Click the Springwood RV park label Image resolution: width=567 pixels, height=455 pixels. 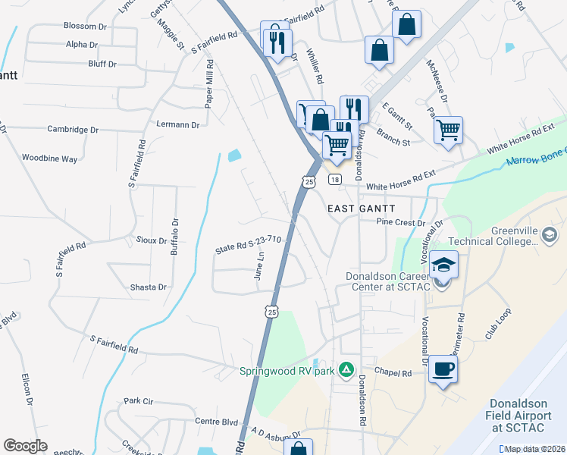tap(288, 371)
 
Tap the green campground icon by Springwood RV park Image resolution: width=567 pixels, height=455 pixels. tap(346, 369)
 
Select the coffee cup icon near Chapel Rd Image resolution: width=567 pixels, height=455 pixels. tap(443, 370)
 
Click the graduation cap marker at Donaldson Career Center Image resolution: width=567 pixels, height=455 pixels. tap(443, 265)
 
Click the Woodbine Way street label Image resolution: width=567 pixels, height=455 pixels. tap(50, 158)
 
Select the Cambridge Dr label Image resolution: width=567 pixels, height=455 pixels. tap(73, 130)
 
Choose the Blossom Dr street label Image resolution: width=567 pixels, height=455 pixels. tap(90, 26)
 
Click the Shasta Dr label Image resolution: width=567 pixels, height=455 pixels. tap(149, 287)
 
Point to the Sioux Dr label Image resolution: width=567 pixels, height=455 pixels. tap(152, 240)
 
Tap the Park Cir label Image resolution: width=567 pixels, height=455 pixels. tap(138, 400)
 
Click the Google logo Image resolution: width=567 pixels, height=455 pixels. tap(25, 446)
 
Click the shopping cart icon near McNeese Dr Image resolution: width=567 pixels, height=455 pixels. tap(448, 130)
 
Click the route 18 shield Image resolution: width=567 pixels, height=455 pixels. tap(334, 179)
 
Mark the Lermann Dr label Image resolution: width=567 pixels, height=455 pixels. tap(177, 124)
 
